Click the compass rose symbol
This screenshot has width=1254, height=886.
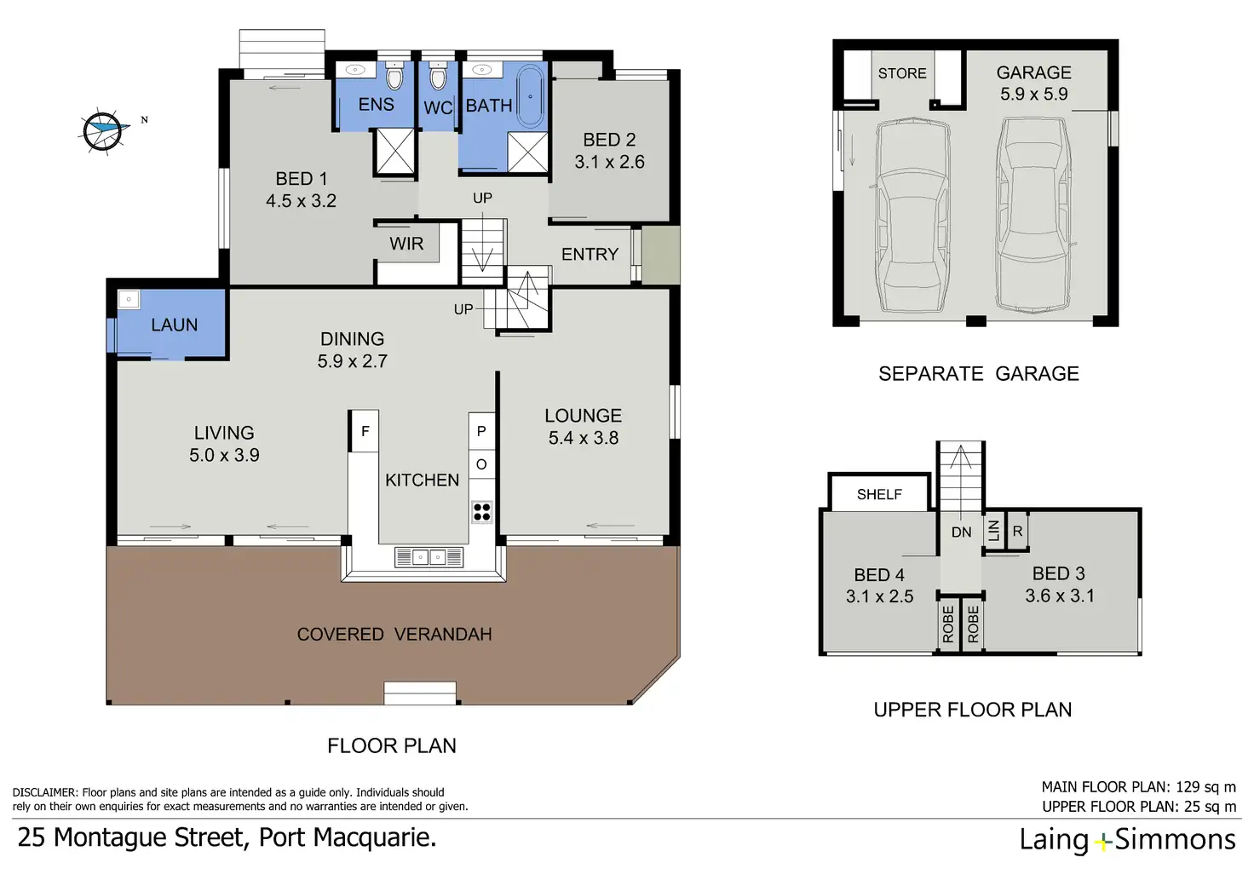point(104,131)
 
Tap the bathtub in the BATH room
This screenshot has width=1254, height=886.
point(530,97)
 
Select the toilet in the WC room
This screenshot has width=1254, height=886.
point(438,75)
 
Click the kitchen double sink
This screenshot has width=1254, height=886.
point(429,557)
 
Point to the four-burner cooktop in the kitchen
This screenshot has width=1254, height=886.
point(482,511)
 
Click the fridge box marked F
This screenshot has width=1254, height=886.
point(365,431)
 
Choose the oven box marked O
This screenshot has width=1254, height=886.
point(481,464)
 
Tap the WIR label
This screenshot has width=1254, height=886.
point(406,244)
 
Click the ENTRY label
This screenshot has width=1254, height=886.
point(590,254)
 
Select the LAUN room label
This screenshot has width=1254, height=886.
point(174,325)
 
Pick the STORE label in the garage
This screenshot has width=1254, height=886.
point(902,73)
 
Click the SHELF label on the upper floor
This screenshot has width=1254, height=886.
point(879,494)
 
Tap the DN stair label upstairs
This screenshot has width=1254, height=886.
point(961,532)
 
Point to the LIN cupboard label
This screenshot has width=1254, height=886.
point(993,531)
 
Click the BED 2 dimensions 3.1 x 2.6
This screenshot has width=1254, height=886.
point(609,162)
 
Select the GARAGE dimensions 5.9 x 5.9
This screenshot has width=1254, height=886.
point(1034,94)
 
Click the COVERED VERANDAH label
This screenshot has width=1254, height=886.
point(394,634)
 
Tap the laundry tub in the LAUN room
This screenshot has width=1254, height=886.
point(129,299)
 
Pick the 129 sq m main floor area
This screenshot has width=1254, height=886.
point(1205,787)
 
